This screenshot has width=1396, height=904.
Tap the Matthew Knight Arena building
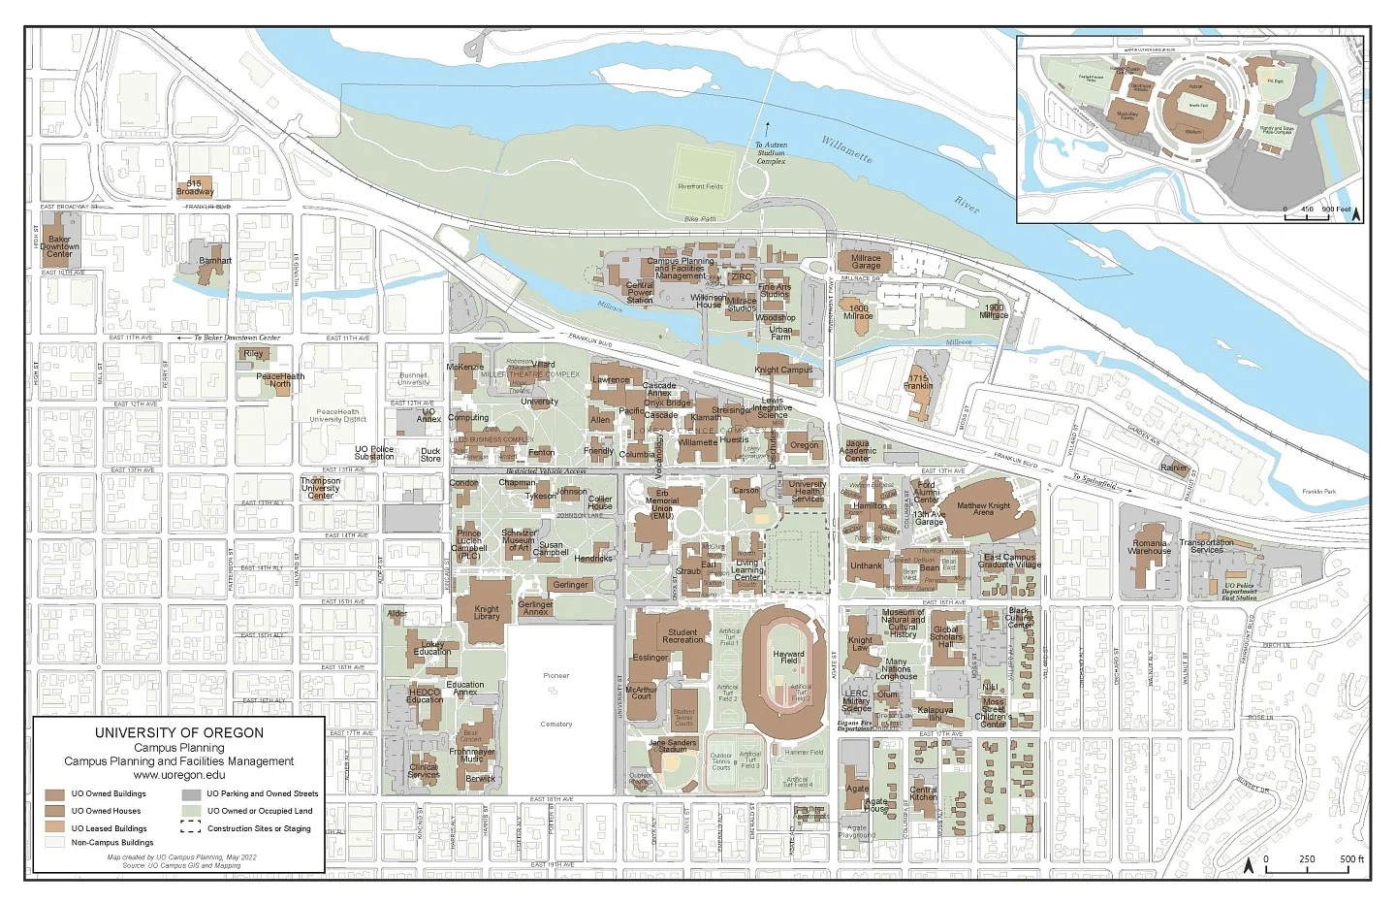pyautogui.click(x=983, y=508)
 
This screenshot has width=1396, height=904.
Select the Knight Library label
pyautogui.click(x=487, y=612)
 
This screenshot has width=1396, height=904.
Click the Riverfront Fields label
pyautogui.click(x=700, y=186)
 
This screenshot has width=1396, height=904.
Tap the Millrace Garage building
pyautogui.click(x=866, y=262)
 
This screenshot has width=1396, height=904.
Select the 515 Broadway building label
pyautogui.click(x=195, y=187)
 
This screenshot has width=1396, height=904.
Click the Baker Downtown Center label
pyautogui.click(x=59, y=245)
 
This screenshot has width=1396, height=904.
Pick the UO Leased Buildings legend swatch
pyautogui.click(x=54, y=828)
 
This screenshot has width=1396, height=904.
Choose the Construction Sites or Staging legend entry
pyautogui.click(x=259, y=828)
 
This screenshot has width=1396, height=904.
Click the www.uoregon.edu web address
pyautogui.click(x=179, y=775)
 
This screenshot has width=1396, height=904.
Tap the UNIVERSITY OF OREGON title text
pyautogui.click(x=179, y=733)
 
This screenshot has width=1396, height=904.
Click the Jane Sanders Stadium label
pyautogui.click(x=673, y=746)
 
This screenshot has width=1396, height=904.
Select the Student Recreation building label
pyautogui.click(x=682, y=636)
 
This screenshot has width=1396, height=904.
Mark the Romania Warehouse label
pyautogui.click(x=1150, y=547)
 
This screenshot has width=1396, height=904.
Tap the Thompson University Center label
pyautogui.click(x=320, y=488)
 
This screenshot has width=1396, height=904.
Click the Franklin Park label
pyautogui.click(x=1318, y=492)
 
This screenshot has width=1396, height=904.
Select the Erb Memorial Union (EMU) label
pyautogui.click(x=662, y=504)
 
